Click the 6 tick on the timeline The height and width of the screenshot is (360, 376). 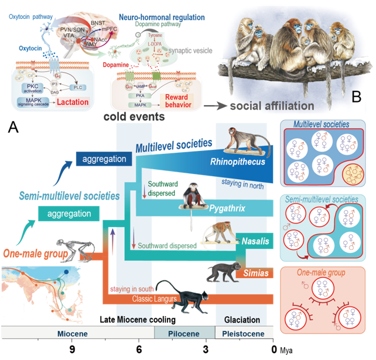point(139,349)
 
